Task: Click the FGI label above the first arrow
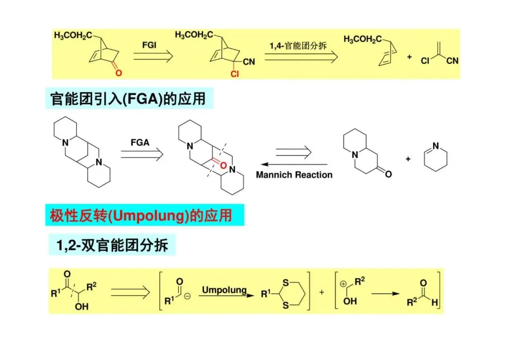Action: coord(149,45)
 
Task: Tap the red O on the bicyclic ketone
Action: coord(118,73)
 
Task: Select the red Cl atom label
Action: coord(235,74)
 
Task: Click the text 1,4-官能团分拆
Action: coord(298,46)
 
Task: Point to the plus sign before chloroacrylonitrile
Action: coord(409,57)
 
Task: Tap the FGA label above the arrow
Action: coord(140,142)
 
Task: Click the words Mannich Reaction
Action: coord(294,175)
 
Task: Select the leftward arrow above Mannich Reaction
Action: coord(293,164)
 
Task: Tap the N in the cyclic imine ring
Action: coord(435,146)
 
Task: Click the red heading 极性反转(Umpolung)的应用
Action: coord(141,216)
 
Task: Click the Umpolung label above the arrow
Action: coord(224,289)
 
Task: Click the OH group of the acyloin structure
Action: coord(82,307)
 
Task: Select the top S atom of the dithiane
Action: coord(286,284)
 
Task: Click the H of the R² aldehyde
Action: coord(434,302)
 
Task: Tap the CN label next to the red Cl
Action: coord(249,62)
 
